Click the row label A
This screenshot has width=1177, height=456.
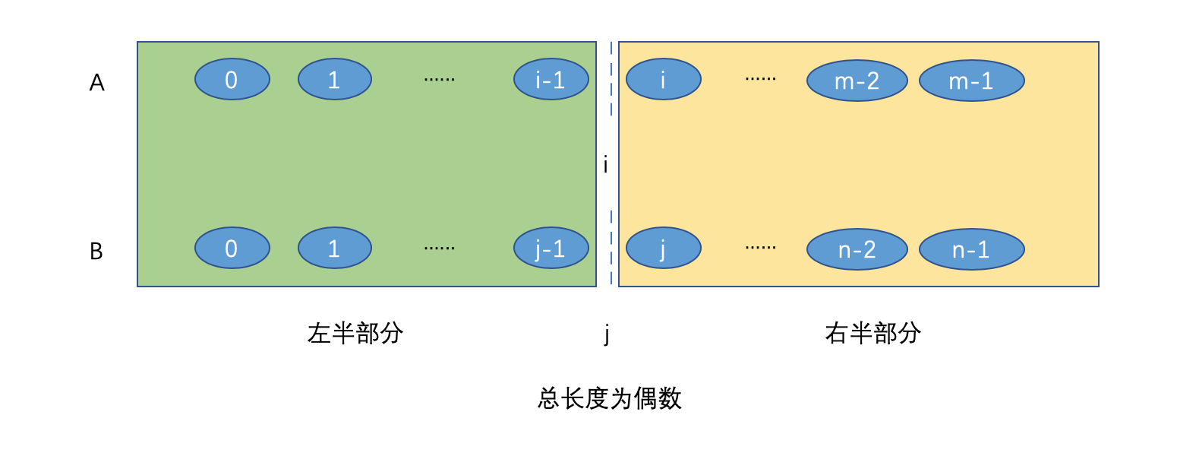tap(96, 82)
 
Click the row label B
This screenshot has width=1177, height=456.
tap(96, 251)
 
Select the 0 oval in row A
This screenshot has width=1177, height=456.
tap(232, 79)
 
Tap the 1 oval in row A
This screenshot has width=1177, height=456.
tap(334, 79)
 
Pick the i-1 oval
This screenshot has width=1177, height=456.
tap(551, 79)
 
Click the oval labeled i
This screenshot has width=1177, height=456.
tap(663, 79)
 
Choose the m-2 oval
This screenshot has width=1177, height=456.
tap(857, 81)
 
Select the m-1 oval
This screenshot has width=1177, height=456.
tap(971, 81)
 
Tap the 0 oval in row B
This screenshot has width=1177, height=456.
tap(232, 248)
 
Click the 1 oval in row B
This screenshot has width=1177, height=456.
tap(334, 248)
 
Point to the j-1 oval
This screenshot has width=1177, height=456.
tap(551, 248)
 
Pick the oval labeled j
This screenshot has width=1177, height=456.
tap(663, 248)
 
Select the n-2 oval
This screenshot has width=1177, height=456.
tap(857, 249)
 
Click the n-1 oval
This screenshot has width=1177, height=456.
tap(971, 249)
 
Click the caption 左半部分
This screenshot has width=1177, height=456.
tap(355, 333)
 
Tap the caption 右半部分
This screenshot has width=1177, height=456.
tap(873, 333)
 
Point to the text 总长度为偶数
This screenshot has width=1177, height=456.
tap(610, 398)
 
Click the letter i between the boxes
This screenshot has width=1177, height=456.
tap(605, 165)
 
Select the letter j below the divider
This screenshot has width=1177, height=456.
tap(607, 334)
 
